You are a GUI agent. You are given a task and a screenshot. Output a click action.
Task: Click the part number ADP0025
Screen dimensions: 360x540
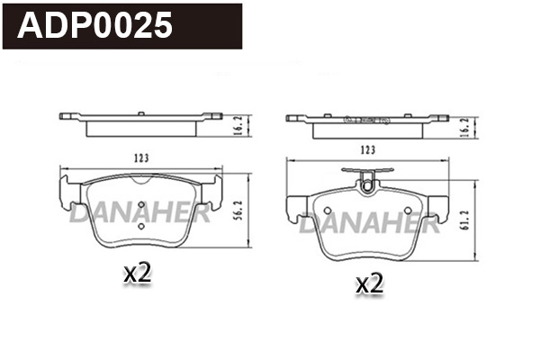(x=95, y=25)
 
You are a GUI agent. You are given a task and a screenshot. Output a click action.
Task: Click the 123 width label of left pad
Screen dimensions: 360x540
(x=140, y=158)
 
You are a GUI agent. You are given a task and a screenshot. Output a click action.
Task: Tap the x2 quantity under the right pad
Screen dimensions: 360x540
(x=369, y=283)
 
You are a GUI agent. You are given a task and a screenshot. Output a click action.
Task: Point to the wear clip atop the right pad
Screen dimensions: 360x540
(x=366, y=183)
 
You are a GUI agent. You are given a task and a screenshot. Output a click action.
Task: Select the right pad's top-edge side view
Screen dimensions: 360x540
(x=366, y=124)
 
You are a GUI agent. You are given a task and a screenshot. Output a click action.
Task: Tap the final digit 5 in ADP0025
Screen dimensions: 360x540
(x=163, y=25)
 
